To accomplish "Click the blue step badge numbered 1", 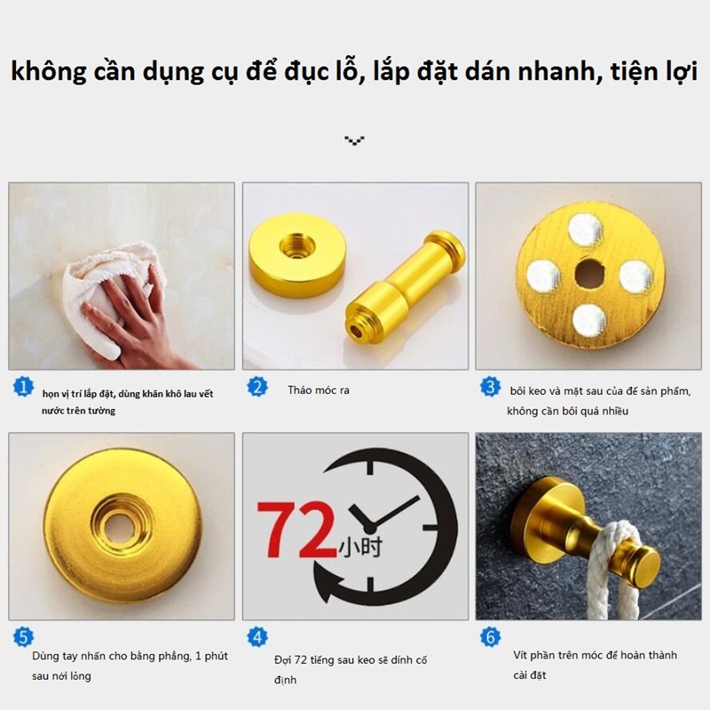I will point(25,388).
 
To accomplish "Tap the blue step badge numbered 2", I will point(257,387).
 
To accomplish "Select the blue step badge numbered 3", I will point(491,387).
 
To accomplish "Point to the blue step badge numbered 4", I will point(257,636).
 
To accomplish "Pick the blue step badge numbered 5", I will point(25,636).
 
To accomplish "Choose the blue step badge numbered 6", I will point(491,636).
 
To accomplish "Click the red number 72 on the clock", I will point(296,530).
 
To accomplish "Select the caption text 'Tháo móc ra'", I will point(318,390).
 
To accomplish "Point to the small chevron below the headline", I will point(355,140).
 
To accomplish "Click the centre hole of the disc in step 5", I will point(122,525).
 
